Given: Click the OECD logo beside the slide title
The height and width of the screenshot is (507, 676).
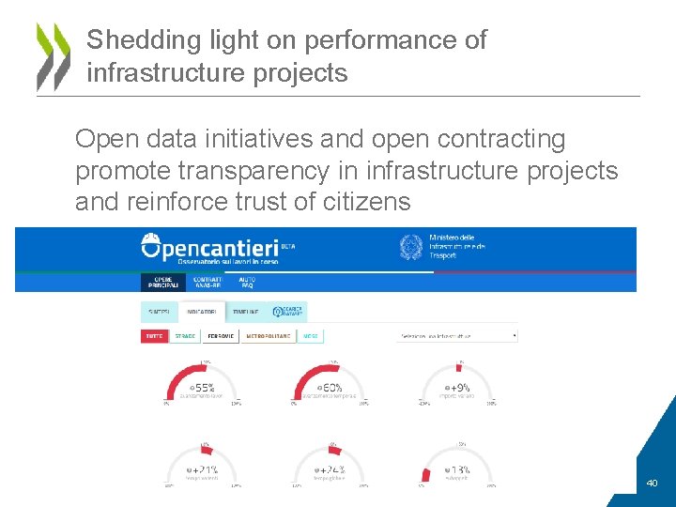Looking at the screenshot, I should click(x=53, y=56).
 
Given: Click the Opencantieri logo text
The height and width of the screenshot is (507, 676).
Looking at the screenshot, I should click(x=217, y=247).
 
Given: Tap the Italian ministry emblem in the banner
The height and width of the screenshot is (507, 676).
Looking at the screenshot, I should click(x=410, y=248).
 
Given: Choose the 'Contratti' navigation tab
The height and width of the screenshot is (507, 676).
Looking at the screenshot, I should click(x=207, y=282).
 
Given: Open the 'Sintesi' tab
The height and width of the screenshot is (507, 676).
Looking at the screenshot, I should click(x=159, y=312).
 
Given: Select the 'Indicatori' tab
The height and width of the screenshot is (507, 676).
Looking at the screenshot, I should click(x=201, y=312).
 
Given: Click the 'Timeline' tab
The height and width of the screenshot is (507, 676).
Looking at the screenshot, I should click(x=246, y=312).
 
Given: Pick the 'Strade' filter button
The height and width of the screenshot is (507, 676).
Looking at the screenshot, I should click(x=185, y=335).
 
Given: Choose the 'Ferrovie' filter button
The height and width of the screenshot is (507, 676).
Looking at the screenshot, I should click(x=220, y=335).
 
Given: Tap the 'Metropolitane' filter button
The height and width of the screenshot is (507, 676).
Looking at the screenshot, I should click(x=267, y=335).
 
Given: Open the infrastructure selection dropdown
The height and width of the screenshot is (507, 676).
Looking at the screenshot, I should click(x=456, y=335).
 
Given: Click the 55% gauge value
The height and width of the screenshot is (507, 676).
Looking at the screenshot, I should click(x=203, y=387).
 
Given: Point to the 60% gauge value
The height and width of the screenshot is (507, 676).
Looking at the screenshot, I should click(x=330, y=387).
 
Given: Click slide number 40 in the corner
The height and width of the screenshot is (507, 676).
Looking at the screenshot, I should click(x=652, y=484).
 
